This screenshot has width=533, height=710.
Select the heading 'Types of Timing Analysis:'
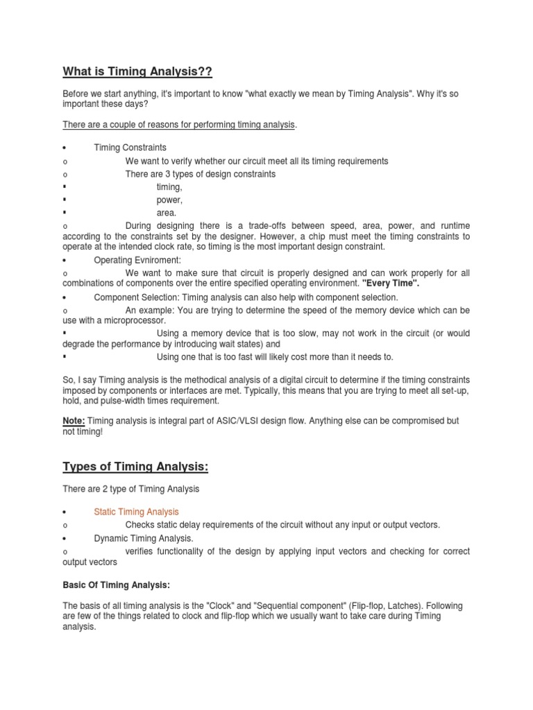pyautogui.click(x=135, y=467)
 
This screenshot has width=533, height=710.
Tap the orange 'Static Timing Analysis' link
pyautogui.click(x=136, y=512)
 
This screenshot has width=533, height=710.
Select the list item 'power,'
pyautogui.click(x=169, y=200)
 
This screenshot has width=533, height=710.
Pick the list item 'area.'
pyautogui.click(x=167, y=214)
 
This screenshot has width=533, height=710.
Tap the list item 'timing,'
pyautogui.click(x=169, y=187)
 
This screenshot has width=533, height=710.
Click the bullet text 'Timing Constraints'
pyautogui.click(x=130, y=148)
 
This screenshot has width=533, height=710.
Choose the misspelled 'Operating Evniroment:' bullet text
pyautogui.click(x=137, y=260)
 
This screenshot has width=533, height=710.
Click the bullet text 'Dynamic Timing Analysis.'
pyautogui.click(x=144, y=538)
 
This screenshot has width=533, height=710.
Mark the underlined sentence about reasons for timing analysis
pyautogui.click(x=179, y=125)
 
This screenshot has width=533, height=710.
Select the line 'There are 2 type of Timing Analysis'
pyautogui.click(x=130, y=489)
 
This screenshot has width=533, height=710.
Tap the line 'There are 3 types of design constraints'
pyautogui.click(x=201, y=174)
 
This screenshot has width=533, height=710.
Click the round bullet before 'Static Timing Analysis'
pyautogui.click(x=65, y=512)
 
